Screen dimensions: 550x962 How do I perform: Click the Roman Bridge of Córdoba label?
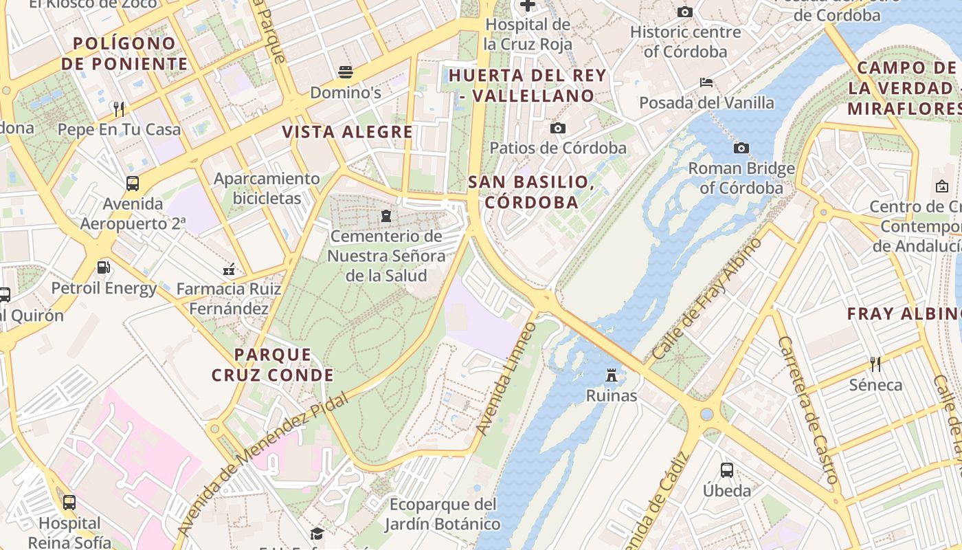(x=741, y=178)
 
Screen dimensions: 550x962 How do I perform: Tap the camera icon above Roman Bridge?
(x=741, y=148)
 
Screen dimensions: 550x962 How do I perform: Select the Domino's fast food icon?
(x=345, y=72)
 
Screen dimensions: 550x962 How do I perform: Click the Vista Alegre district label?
(x=348, y=132)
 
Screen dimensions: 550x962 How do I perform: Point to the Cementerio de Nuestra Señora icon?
(x=386, y=217)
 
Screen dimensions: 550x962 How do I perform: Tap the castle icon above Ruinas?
(x=611, y=375)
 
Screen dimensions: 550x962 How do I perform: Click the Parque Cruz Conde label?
(x=273, y=365)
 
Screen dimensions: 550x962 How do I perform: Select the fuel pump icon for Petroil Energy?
(x=104, y=267)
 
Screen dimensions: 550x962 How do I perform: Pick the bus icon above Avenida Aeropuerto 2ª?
(x=133, y=184)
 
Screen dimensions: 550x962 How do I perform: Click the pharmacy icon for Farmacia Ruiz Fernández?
(x=229, y=269)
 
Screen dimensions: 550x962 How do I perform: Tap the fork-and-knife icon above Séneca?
(x=875, y=363)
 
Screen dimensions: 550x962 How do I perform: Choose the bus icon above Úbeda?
(x=727, y=470)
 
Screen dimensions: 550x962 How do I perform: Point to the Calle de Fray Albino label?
(x=707, y=299)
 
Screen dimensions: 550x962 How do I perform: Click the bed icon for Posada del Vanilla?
(x=706, y=82)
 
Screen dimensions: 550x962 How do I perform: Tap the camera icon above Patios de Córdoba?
(x=557, y=128)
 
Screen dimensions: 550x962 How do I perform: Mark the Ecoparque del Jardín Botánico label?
(x=443, y=514)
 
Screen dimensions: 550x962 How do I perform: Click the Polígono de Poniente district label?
(x=124, y=54)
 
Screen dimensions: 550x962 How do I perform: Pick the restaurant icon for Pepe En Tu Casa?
(x=119, y=109)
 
